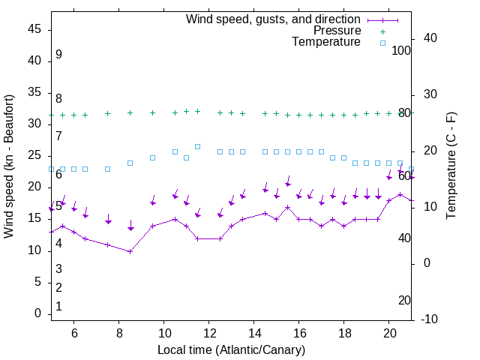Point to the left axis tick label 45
tap(34, 29)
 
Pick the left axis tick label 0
tap(37, 313)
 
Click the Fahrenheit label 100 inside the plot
tap(401, 51)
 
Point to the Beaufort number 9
tap(58, 55)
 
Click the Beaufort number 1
tap(58, 307)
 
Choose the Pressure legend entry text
tap(337, 31)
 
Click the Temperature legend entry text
tap(326, 42)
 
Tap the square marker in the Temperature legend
tap(382, 43)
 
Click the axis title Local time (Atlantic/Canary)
tap(231, 350)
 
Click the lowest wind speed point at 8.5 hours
tap(130, 251)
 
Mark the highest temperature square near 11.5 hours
tap(197, 146)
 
